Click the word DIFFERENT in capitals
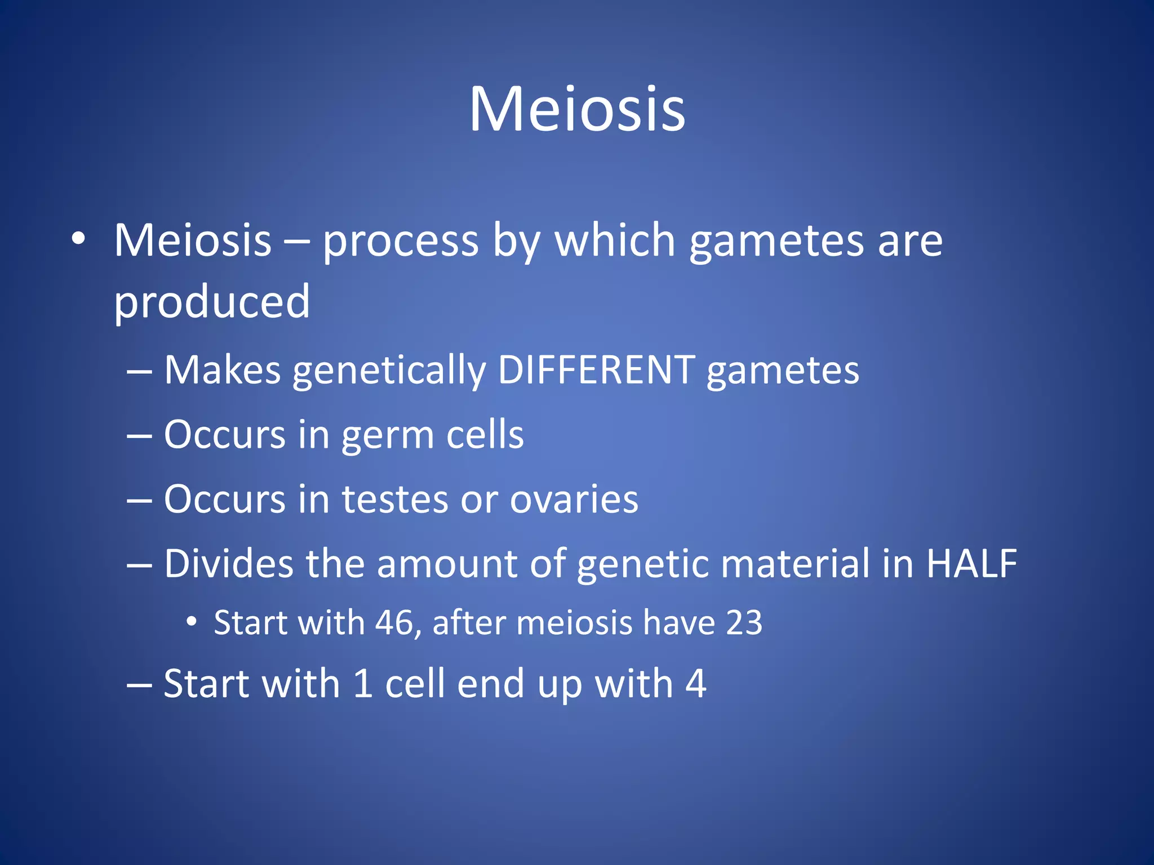(596, 371)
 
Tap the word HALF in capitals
(971, 564)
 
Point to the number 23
(744, 623)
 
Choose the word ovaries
(574, 500)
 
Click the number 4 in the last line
(696, 684)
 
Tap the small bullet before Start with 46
(192, 622)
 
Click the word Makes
(222, 371)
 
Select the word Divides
(228, 564)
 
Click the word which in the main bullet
(615, 241)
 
